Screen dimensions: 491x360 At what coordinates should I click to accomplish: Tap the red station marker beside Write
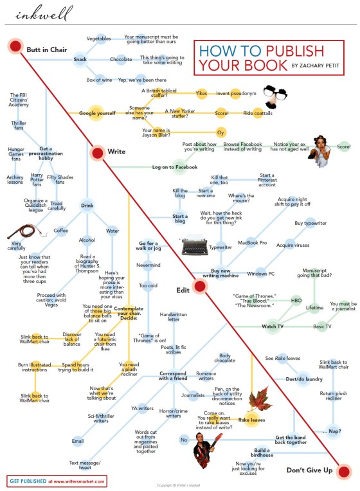click(98, 153)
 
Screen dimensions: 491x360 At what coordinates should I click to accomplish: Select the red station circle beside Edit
click(199, 298)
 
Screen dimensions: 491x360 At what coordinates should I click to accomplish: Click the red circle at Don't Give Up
click(345, 472)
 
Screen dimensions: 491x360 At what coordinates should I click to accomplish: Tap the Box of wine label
click(99, 80)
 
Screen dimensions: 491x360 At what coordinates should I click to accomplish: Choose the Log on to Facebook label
click(174, 167)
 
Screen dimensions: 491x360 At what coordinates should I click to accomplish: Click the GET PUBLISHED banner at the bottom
click(57, 480)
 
